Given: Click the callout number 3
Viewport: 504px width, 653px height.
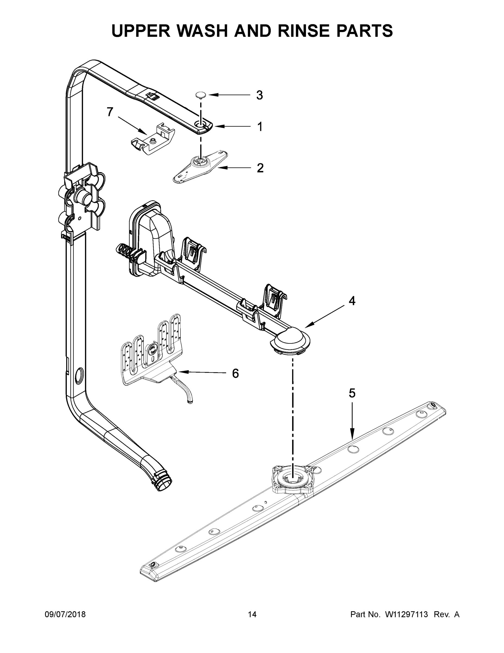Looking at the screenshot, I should tap(259, 96).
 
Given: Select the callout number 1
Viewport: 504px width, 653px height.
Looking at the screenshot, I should tap(260, 127).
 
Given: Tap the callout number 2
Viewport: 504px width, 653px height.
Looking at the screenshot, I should tap(260, 168).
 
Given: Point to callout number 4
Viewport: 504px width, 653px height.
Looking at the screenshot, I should tap(352, 301).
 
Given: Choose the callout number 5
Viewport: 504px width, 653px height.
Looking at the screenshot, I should tap(352, 393).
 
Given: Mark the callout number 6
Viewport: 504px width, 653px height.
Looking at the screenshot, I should tap(235, 374).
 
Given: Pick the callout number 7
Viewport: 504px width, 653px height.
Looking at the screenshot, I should tap(110, 112).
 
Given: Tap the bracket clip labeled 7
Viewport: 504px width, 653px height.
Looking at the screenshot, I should tap(153, 138).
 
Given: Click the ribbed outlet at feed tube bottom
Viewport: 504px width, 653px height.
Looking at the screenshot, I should tap(163, 481).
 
